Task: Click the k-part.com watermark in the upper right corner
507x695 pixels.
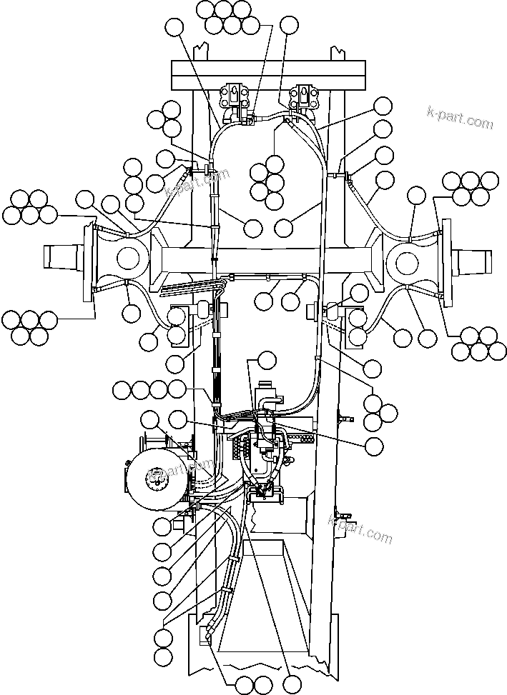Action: pos(459,117)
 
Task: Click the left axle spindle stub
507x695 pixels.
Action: pos(64,256)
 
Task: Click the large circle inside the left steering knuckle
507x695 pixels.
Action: pos(128,257)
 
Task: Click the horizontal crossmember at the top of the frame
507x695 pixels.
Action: pos(269,72)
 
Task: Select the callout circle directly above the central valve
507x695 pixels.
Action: pos(267,360)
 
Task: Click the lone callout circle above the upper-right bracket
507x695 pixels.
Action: pos(289,25)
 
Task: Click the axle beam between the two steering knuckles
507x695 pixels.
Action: pos(269,258)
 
